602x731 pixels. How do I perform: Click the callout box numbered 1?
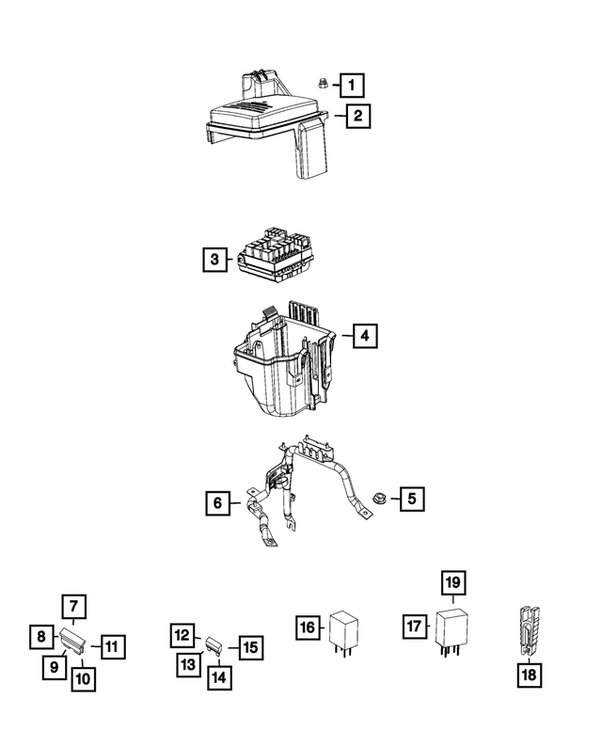[352, 86]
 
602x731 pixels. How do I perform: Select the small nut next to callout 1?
[320, 84]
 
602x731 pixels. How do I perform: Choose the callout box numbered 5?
[411, 498]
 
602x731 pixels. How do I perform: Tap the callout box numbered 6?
[217, 503]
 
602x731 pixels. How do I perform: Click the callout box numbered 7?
[73, 607]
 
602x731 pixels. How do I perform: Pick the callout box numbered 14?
[217, 675]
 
